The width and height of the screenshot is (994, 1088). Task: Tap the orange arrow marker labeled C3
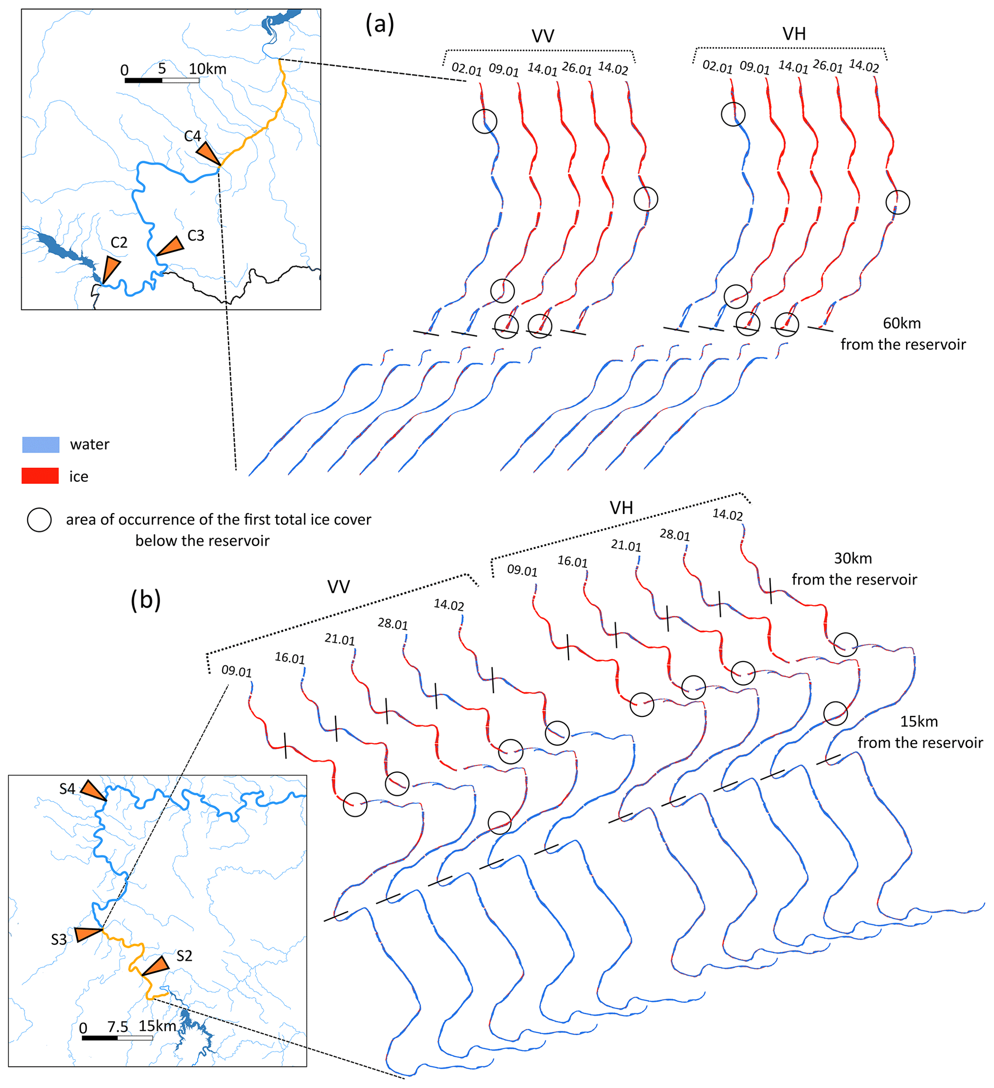click(171, 246)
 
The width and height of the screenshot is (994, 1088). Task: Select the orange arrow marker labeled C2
click(111, 268)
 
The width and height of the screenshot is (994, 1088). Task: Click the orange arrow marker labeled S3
click(87, 933)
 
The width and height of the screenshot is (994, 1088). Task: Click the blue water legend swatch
click(40, 445)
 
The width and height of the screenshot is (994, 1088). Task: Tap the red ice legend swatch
click(40, 476)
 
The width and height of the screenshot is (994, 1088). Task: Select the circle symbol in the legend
click(39, 520)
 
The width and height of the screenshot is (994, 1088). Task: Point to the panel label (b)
click(146, 600)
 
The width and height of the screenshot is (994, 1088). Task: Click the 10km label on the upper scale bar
click(207, 69)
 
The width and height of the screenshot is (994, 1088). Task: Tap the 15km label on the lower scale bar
click(157, 1025)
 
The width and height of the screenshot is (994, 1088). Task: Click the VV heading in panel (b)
click(339, 587)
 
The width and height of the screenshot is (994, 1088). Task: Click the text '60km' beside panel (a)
click(902, 323)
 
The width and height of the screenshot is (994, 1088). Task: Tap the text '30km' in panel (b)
click(853, 558)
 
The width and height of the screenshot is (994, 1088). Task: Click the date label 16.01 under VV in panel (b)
click(290, 658)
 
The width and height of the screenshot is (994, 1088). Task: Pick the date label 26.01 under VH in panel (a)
click(827, 66)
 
